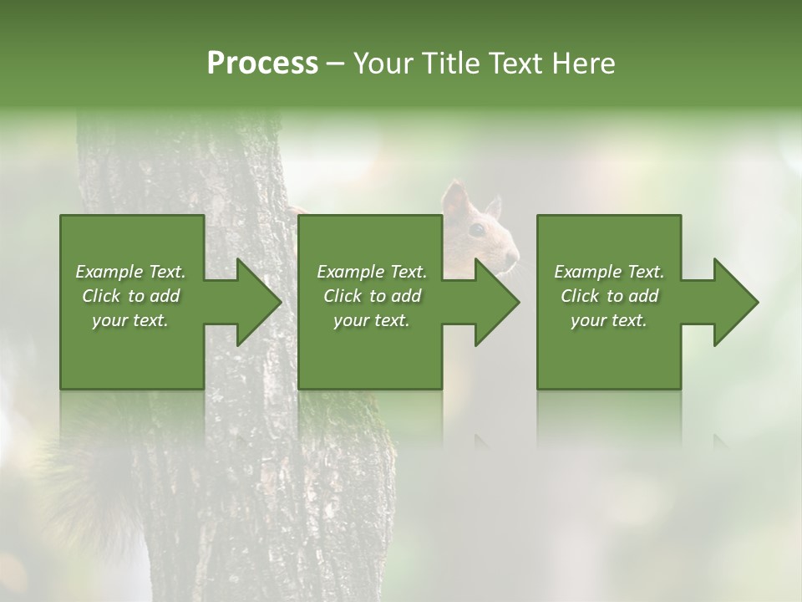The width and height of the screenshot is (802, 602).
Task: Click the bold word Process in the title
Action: (x=262, y=64)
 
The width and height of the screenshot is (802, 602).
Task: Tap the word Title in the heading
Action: (x=450, y=64)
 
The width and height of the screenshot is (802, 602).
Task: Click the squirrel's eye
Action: (x=477, y=229)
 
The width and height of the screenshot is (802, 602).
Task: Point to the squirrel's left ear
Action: (x=455, y=201)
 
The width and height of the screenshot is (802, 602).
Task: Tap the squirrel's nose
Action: (x=515, y=256)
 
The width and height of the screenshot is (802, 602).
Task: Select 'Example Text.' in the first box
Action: (x=131, y=272)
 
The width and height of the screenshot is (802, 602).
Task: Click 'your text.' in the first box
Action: (x=131, y=320)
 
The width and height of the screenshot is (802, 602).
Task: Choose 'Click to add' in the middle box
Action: (x=372, y=296)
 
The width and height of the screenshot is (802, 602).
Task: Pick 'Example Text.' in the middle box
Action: (x=372, y=272)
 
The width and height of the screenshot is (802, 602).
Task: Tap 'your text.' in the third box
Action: (x=609, y=320)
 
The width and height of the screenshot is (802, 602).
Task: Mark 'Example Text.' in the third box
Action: (x=609, y=272)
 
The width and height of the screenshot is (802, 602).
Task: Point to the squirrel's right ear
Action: (x=494, y=207)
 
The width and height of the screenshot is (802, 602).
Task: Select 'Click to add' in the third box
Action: (x=609, y=296)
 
